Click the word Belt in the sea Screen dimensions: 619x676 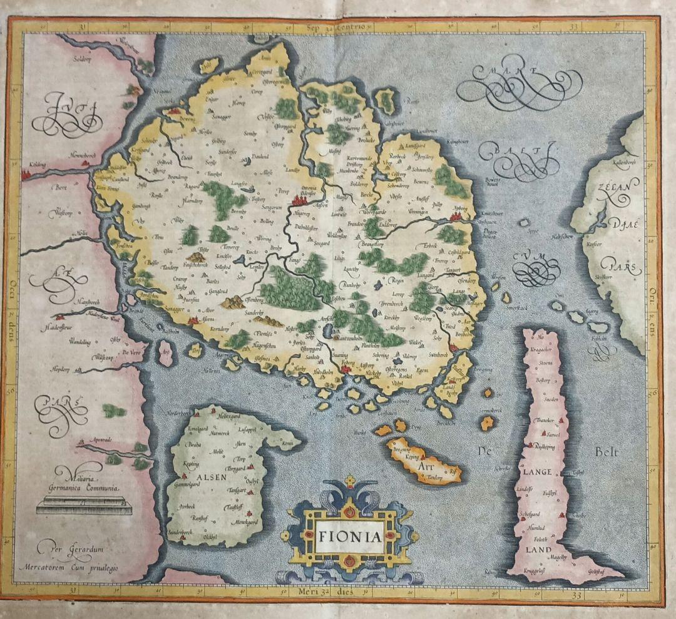coord(607,451)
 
